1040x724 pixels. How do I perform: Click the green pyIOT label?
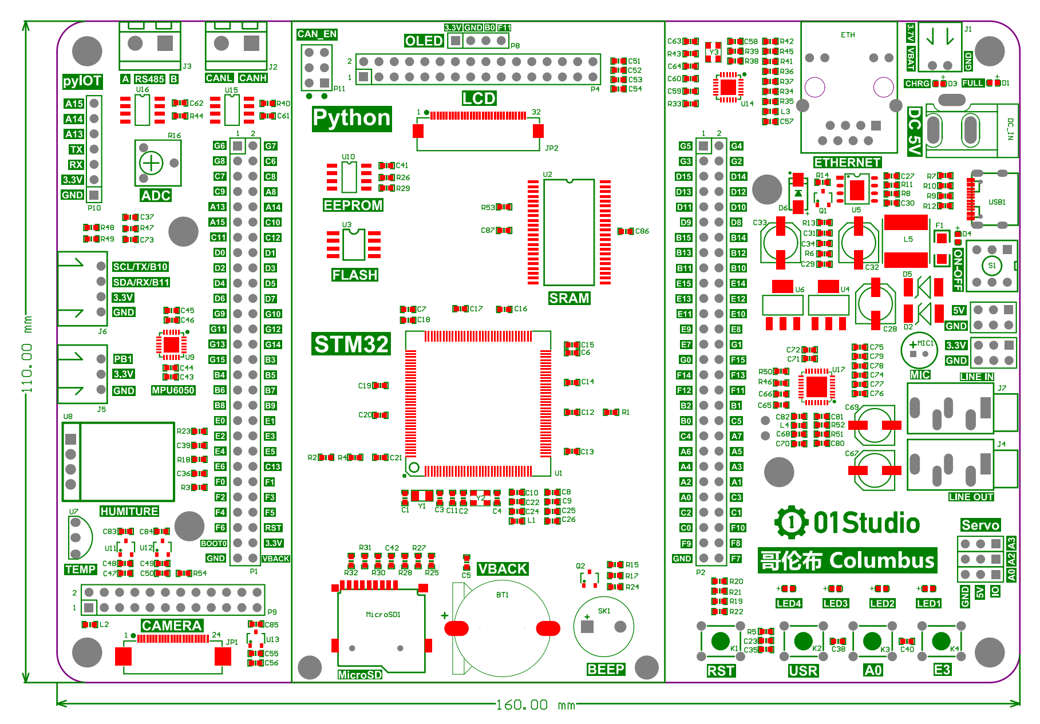coord(82,81)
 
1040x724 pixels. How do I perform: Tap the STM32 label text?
coord(351,344)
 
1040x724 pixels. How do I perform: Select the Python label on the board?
coord(351,118)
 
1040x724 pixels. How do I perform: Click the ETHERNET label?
coord(847,163)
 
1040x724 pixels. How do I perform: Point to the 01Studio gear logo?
coord(792,522)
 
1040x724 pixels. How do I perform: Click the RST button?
coord(719,641)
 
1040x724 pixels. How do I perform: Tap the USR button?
coord(803,641)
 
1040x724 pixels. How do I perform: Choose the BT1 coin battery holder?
coord(502,628)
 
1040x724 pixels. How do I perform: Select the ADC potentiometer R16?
coord(152,163)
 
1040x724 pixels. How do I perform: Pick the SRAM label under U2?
coord(569,298)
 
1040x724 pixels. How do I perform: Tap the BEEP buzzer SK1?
coord(603,627)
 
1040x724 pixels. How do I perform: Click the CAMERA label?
coord(172,626)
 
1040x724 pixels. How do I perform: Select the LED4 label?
coord(789,603)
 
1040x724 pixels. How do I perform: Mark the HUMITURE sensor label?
coord(129,511)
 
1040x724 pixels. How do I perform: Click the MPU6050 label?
coord(173,390)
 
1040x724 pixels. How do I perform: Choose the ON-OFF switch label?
coord(958,270)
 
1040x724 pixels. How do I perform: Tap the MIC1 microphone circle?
coord(919,350)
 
